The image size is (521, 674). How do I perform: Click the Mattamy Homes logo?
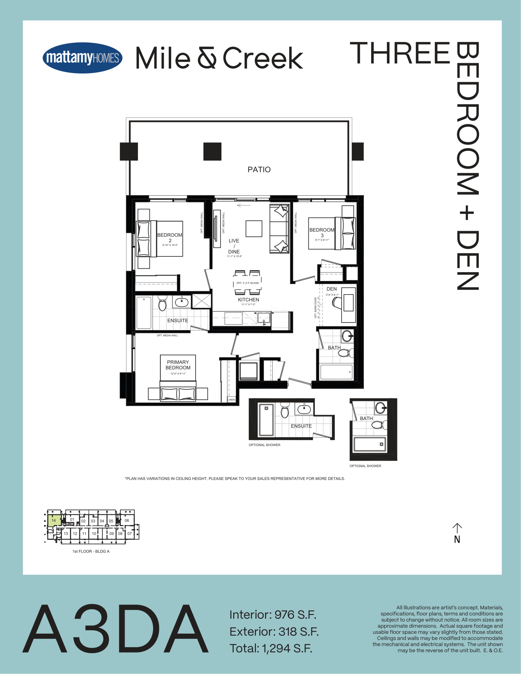click(82, 58)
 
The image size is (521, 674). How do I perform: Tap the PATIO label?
click(259, 170)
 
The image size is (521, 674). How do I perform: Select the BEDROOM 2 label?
click(170, 238)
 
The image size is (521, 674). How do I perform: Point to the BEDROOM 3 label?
click(322, 233)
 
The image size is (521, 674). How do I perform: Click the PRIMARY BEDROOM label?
click(178, 365)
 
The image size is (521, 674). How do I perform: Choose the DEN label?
click(331, 289)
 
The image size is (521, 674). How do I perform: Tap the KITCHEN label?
click(249, 300)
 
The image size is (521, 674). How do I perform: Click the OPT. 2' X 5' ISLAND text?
click(247, 283)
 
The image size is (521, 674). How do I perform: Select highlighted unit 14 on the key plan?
click(54, 520)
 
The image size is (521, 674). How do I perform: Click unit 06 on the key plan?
click(127, 520)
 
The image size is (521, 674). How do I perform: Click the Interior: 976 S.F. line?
click(273, 615)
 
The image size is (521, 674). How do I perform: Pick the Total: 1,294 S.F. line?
click(271, 648)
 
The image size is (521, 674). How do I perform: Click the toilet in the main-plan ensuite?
click(162, 303)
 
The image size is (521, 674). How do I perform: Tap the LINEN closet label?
click(231, 400)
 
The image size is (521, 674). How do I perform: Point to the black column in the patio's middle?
click(212, 152)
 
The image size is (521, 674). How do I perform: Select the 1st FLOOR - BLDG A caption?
click(91, 551)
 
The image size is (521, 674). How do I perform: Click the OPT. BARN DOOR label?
click(315, 308)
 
